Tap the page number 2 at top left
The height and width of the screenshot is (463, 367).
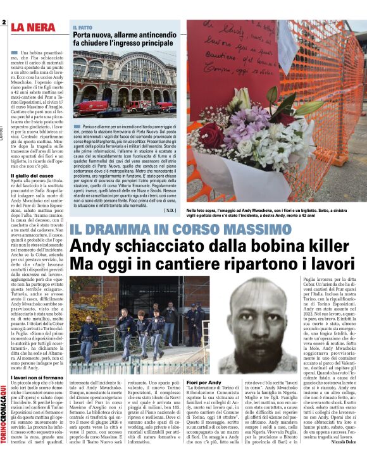point(4,23)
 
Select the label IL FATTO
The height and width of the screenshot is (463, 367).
point(83,28)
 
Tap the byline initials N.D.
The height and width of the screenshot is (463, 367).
point(169,210)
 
